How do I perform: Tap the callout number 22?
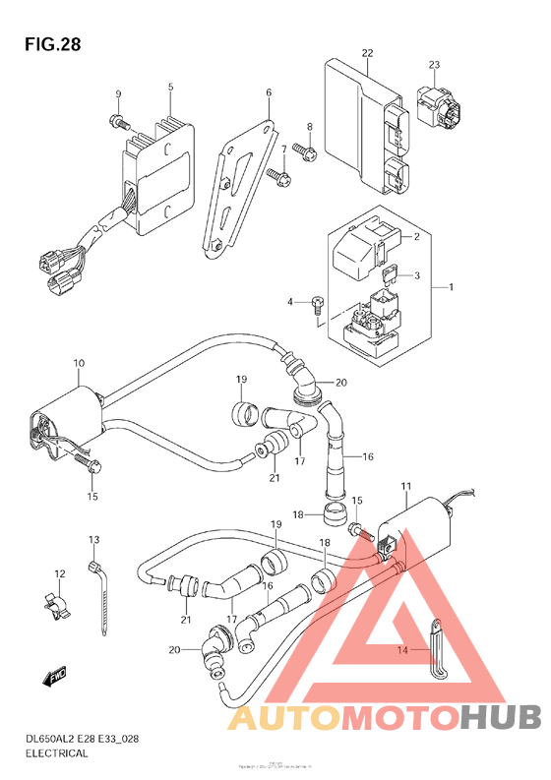click(367, 53)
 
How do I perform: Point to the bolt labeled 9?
click(118, 122)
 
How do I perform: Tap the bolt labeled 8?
click(304, 152)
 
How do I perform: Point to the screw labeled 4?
click(318, 304)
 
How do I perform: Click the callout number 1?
click(451, 286)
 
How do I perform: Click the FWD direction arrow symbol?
click(54, 675)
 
